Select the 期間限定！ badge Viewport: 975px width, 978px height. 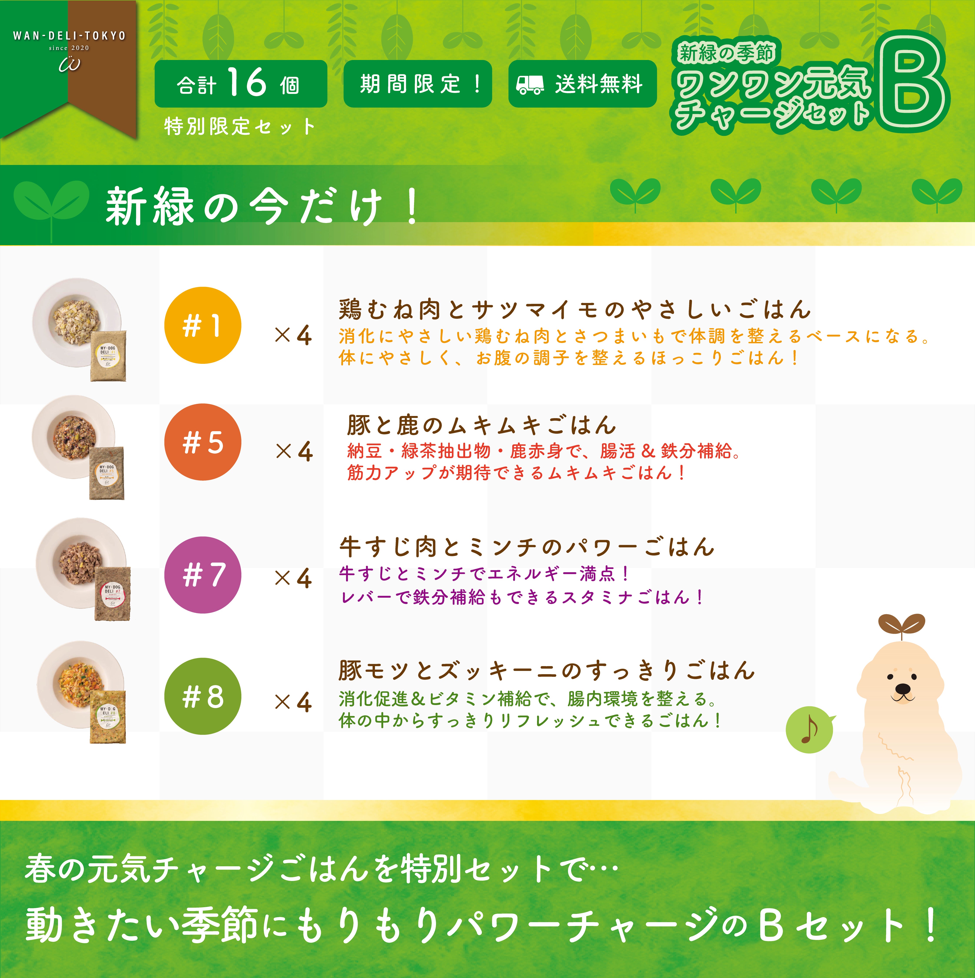point(417,83)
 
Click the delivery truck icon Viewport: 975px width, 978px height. point(530,85)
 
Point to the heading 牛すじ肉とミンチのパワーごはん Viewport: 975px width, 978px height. point(526,547)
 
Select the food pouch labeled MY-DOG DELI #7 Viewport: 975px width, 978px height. point(112,593)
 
